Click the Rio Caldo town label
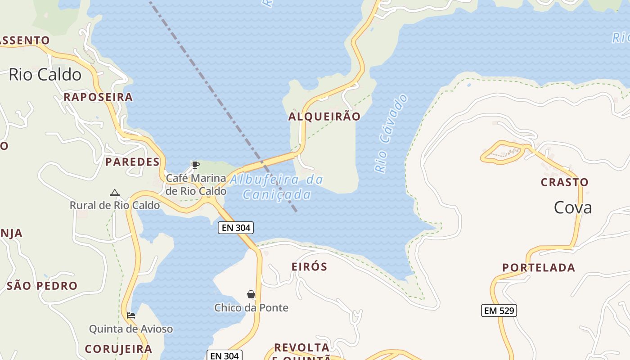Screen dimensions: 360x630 click(x=45, y=75)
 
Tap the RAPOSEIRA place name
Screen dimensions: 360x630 click(x=98, y=97)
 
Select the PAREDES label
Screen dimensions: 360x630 click(x=132, y=162)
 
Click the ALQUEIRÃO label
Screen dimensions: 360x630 click(x=324, y=117)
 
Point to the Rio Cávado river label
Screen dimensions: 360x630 click(x=391, y=133)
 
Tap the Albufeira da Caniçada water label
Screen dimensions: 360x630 click(x=277, y=187)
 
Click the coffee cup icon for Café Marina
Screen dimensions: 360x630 click(x=195, y=165)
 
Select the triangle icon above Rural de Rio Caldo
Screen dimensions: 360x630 click(x=115, y=193)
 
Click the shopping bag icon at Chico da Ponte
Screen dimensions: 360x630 click(x=251, y=295)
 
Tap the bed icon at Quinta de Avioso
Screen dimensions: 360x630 click(x=131, y=315)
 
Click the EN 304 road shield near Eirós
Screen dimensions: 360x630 click(x=236, y=228)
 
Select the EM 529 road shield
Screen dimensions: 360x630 click(x=499, y=310)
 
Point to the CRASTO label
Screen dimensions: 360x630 click(x=564, y=182)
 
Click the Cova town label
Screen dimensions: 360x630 click(x=572, y=207)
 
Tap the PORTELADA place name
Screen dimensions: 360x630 click(x=539, y=268)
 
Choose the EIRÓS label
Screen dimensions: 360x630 click(x=310, y=266)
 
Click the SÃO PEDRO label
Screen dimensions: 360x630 click(x=42, y=286)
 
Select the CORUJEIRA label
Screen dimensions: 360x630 click(x=118, y=349)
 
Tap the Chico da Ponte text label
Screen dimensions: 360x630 click(x=251, y=308)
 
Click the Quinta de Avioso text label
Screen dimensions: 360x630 click(x=131, y=329)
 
